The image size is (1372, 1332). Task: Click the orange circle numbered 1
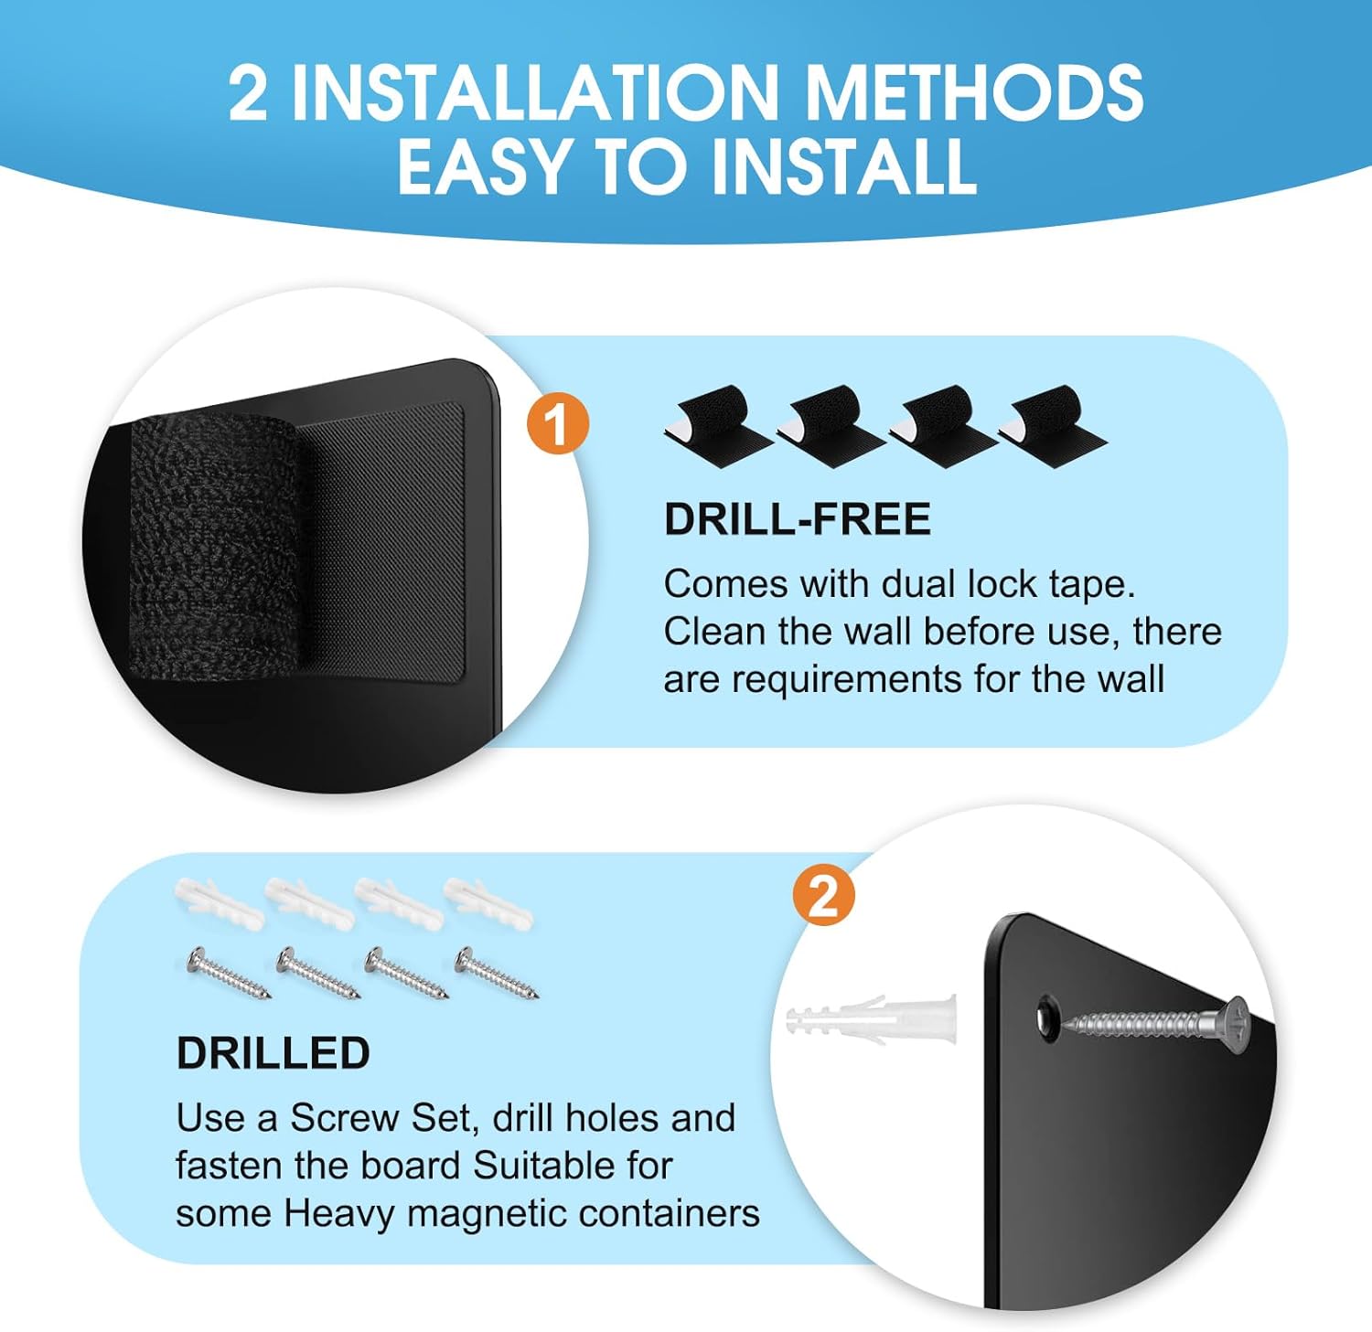point(557,423)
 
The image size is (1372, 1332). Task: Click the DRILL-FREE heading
point(797,519)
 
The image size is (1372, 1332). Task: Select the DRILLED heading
point(273,1053)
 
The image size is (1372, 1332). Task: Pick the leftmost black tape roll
point(718,424)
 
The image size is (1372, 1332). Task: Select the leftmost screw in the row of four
point(228,972)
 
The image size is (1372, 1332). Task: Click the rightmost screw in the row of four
point(497,972)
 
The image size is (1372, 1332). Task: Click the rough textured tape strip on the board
point(215,547)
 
